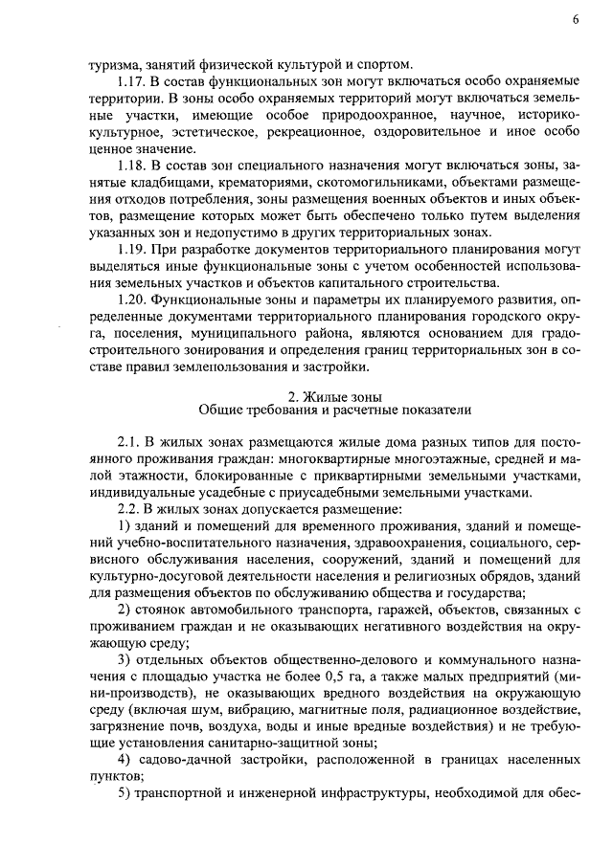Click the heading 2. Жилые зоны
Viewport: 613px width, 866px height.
point(335,395)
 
